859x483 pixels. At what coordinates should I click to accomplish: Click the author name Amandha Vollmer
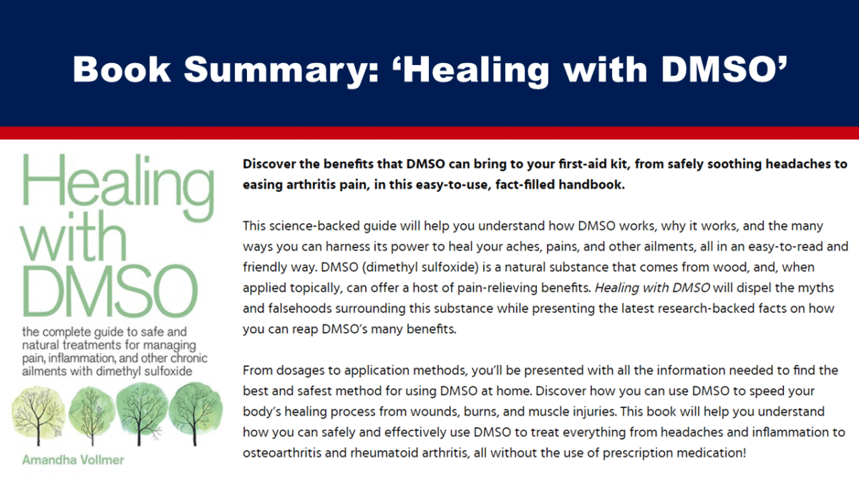[72, 459]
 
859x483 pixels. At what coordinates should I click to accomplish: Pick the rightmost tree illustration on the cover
[193, 411]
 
